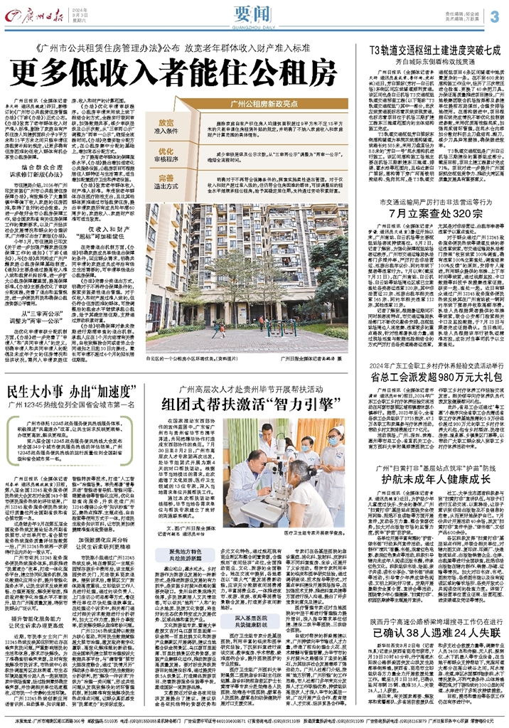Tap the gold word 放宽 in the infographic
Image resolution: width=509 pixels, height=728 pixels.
click(166, 122)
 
